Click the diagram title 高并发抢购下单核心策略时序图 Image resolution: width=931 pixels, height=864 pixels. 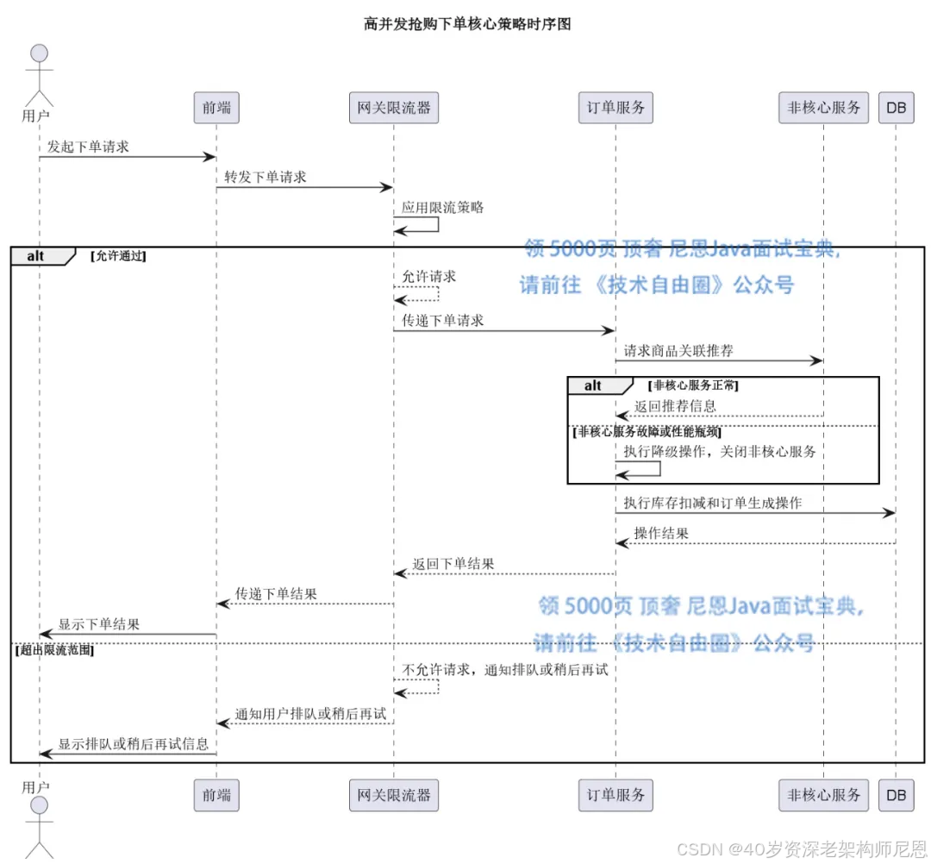tap(467, 24)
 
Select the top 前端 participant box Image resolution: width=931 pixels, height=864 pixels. tap(216, 108)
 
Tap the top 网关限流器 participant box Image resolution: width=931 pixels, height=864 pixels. tap(393, 108)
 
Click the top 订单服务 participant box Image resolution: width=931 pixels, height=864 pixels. tap(615, 108)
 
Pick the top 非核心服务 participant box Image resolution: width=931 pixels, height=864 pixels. tap(823, 108)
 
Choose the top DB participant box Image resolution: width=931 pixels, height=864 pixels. tap(896, 108)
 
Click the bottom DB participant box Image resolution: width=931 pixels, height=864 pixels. tap(896, 795)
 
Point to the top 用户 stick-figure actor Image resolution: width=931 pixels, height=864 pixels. tap(39, 78)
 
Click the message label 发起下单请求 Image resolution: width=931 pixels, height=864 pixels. tap(88, 147)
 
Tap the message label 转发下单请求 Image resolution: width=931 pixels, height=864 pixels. tap(266, 177)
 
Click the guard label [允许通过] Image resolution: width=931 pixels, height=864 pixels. tap(118, 256)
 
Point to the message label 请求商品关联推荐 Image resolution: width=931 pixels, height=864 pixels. tap(678, 351)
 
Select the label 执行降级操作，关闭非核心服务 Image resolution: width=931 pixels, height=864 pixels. tap(719, 451)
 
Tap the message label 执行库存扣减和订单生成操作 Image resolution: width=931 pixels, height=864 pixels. tap(713, 503)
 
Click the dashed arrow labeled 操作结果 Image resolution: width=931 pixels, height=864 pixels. tap(755, 543)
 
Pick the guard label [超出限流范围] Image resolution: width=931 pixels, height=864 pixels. tap(53, 650)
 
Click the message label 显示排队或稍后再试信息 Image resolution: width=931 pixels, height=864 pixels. tap(133, 743)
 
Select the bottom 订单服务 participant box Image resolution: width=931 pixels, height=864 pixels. tap(615, 795)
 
